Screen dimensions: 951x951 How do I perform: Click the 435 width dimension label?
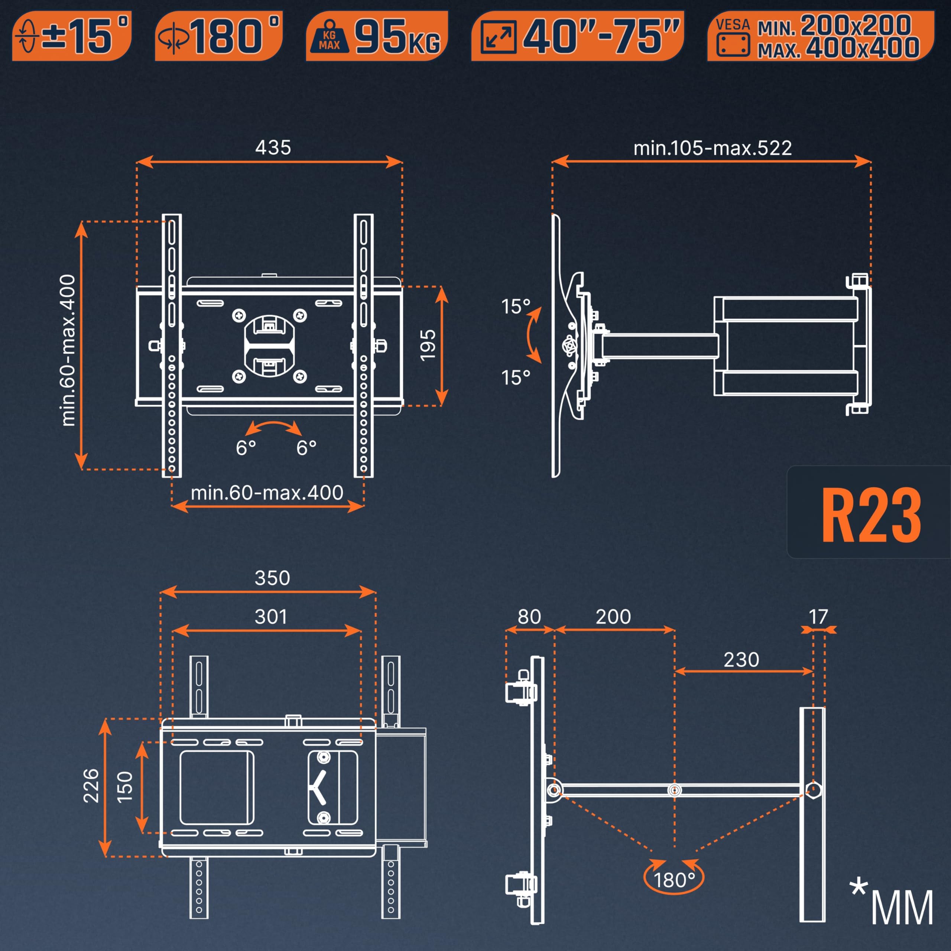click(273, 147)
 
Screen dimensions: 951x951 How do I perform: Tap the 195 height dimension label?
click(428, 345)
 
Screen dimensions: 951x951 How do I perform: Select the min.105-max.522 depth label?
click(712, 148)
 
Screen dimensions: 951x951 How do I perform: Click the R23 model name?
click(871, 515)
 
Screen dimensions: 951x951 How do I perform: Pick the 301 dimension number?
click(271, 617)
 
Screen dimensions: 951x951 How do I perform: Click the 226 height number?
click(91, 786)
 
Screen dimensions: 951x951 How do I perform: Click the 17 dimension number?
click(818, 617)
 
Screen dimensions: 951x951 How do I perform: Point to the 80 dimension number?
click(529, 617)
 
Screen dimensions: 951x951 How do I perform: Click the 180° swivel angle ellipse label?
click(674, 880)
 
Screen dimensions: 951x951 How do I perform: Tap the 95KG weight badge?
click(377, 36)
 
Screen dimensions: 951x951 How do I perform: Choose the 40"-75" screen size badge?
click(577, 36)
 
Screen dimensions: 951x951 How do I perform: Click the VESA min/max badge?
click(820, 36)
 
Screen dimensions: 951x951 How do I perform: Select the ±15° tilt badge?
click(72, 36)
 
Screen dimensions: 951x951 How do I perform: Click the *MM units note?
click(892, 906)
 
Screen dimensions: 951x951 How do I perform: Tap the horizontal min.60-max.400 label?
click(267, 493)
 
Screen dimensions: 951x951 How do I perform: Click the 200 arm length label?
click(613, 617)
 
